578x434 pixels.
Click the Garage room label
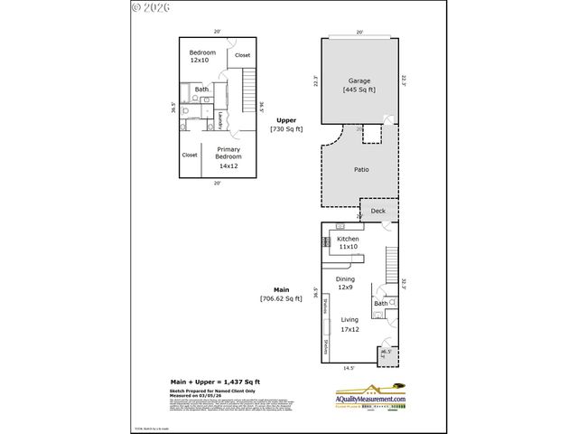(x=359, y=81)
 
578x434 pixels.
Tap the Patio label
(x=359, y=169)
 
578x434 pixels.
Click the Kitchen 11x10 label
(x=349, y=243)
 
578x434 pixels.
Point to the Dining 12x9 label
(x=345, y=285)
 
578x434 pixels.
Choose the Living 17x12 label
(x=349, y=325)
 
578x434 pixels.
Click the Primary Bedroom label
(x=227, y=156)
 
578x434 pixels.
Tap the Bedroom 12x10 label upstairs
(x=202, y=57)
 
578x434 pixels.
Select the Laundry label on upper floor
(x=219, y=119)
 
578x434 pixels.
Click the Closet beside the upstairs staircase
(x=242, y=56)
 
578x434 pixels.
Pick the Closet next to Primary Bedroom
(x=190, y=155)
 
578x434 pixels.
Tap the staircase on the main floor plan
(x=390, y=264)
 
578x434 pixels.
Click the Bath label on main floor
(x=380, y=304)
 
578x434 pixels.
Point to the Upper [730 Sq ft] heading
(x=286, y=125)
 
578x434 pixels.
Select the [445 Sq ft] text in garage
(x=359, y=90)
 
